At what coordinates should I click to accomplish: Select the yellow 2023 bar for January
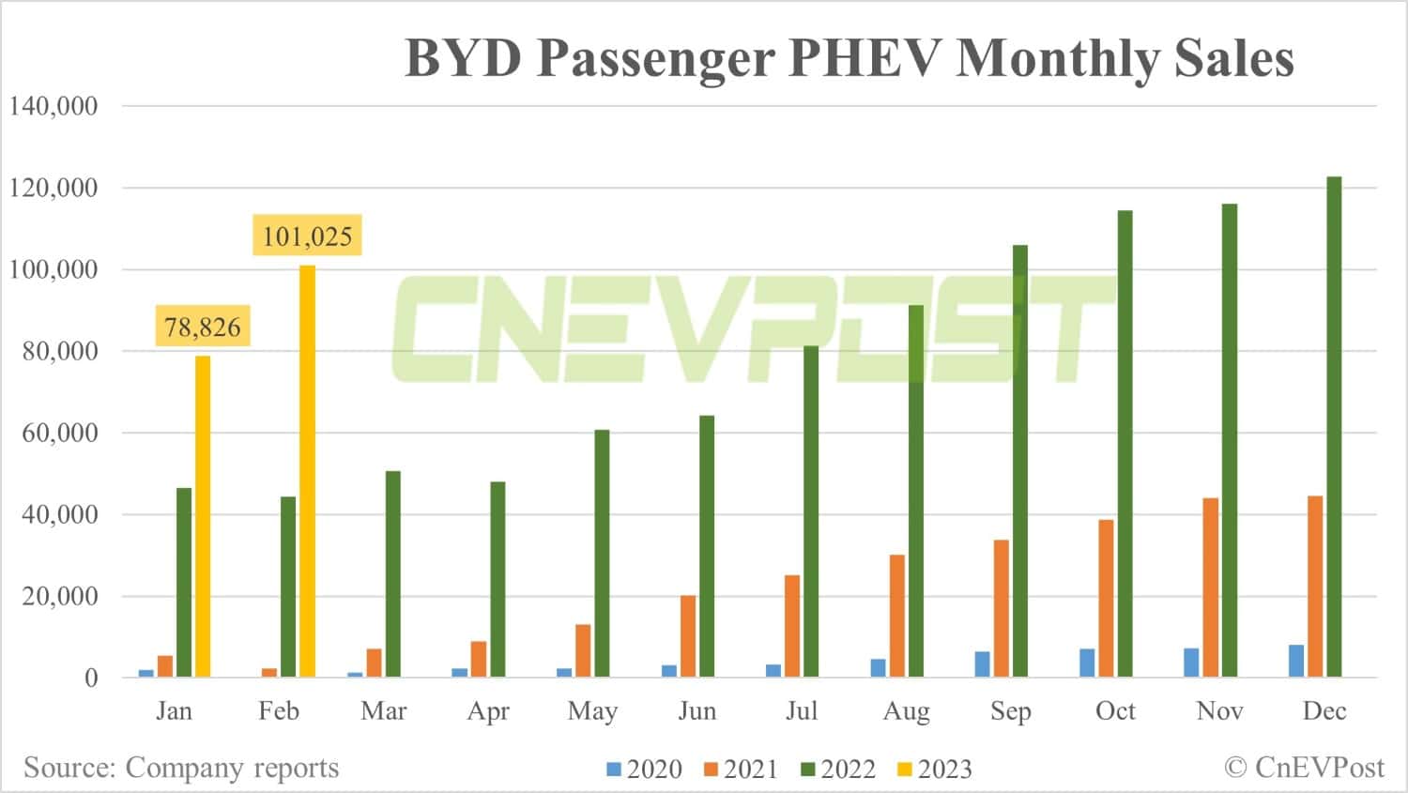[203, 516]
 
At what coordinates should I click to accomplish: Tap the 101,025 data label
[307, 236]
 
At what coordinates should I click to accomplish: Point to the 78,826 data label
[203, 327]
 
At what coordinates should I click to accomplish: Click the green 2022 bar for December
[1334, 427]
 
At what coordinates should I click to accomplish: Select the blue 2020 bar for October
[1087, 663]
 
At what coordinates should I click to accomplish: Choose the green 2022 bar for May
[602, 554]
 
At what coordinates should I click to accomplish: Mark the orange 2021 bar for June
[688, 636]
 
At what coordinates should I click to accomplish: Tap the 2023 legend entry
[935, 770]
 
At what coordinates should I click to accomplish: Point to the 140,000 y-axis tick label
[54, 106]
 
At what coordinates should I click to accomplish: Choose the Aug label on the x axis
[906, 711]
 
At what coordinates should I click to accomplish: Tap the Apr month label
[488, 711]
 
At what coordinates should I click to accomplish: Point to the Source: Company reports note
[181, 768]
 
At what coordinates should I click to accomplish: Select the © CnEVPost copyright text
[1304, 768]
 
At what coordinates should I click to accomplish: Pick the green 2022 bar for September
[1020, 461]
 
